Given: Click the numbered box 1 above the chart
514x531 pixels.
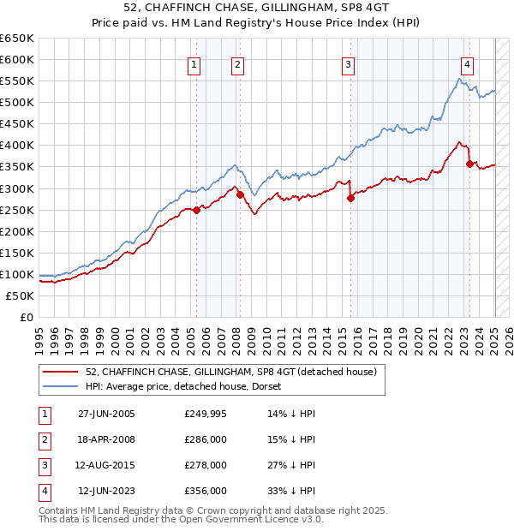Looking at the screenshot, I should tap(194, 64).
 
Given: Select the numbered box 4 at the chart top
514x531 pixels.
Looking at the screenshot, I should tap(467, 64).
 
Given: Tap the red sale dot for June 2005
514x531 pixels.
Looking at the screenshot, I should tap(196, 210).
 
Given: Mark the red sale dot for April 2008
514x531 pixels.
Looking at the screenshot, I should tap(240, 194).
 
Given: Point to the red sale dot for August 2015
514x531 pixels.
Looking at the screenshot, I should tap(350, 198).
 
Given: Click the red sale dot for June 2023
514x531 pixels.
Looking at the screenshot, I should tap(469, 164).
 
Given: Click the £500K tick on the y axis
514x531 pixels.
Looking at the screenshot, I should tap(17, 102).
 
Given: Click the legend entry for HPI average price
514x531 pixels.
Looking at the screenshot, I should tap(189, 386).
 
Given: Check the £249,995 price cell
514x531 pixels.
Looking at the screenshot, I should tap(206, 414).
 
